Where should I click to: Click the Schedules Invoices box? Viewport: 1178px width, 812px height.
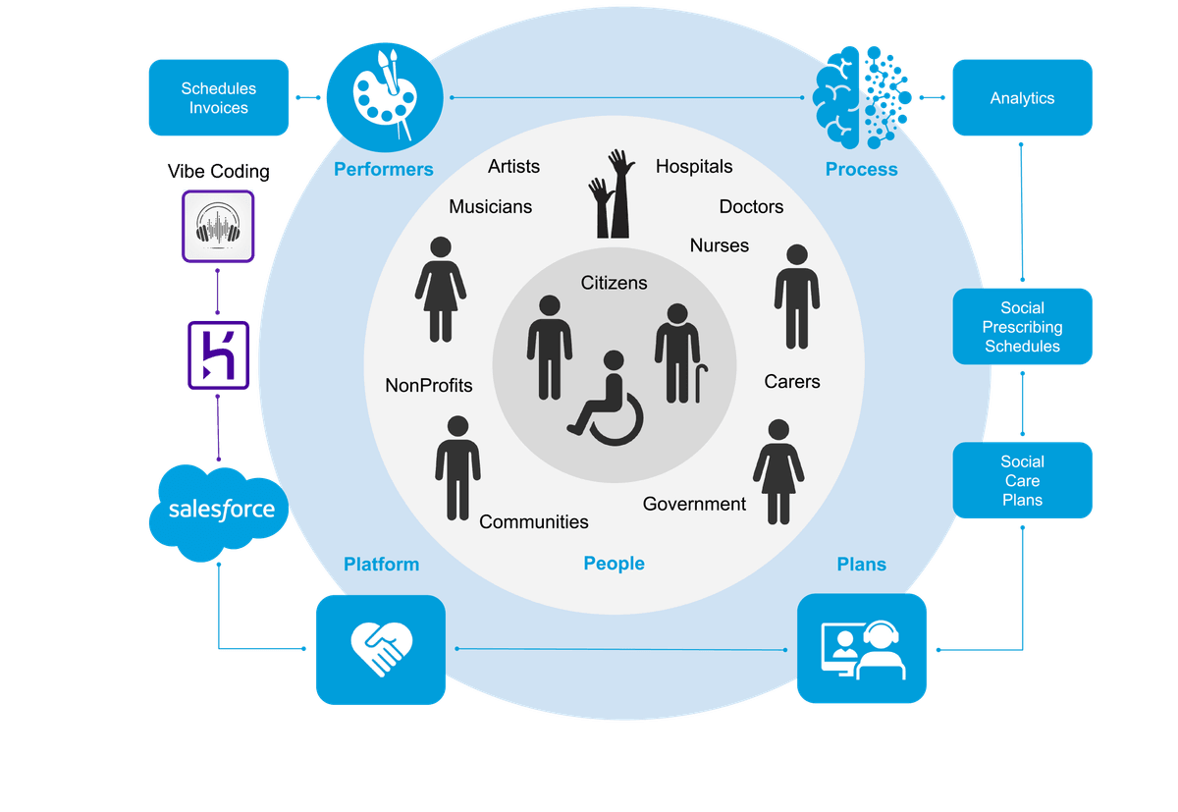click(x=218, y=98)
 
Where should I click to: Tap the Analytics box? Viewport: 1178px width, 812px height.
click(x=1022, y=98)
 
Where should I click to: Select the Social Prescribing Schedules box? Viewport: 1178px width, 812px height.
click(x=1022, y=327)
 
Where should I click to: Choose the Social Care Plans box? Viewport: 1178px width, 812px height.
click(x=1022, y=480)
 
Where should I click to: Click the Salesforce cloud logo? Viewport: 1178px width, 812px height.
click(x=219, y=510)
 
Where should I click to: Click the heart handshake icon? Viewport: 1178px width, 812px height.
click(x=380, y=649)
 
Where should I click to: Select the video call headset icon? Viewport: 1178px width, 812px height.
click(x=861, y=648)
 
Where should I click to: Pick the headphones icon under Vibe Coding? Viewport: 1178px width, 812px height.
click(x=218, y=225)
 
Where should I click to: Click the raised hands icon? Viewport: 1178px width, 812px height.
click(x=611, y=193)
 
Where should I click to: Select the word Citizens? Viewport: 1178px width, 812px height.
click(x=615, y=283)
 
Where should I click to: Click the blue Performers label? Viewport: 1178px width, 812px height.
click(x=383, y=169)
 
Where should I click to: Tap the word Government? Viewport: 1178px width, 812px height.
click(x=694, y=504)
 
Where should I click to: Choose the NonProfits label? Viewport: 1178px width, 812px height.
click(x=429, y=385)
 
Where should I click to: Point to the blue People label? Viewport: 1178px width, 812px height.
click(x=614, y=563)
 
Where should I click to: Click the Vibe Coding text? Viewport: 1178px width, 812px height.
click(x=219, y=172)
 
